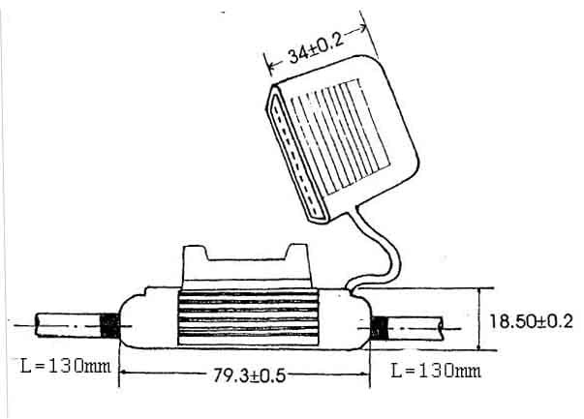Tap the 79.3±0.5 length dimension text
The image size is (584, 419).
click(249, 375)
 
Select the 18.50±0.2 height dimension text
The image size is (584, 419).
click(531, 321)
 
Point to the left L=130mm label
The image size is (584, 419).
click(66, 366)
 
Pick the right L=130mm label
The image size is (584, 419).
click(436, 371)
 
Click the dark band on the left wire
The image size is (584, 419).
click(110, 326)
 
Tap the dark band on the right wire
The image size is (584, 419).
click(379, 329)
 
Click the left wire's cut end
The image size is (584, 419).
click(37, 325)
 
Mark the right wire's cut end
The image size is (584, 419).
click(441, 328)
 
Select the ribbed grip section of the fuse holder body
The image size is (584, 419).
click(248, 317)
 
